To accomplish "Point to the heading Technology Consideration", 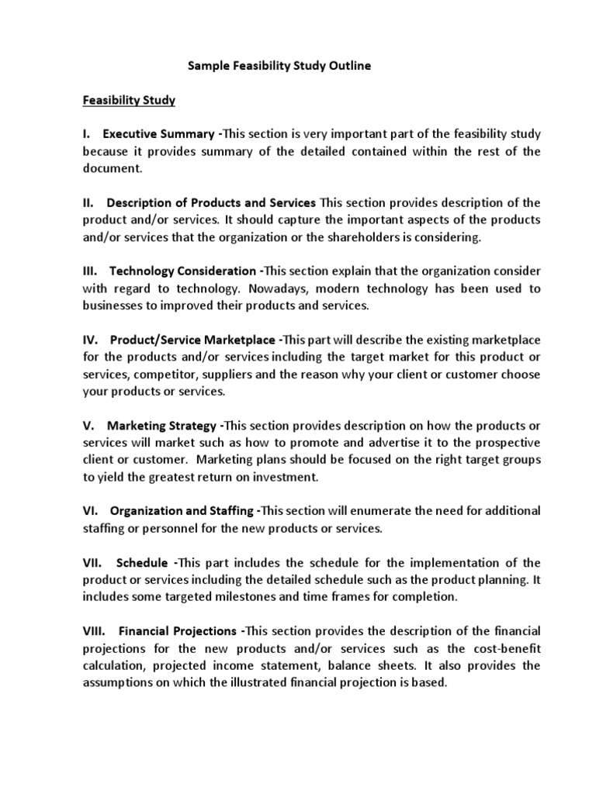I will tap(182, 271).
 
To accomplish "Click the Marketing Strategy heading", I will tap(162, 426).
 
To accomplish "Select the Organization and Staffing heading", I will tap(182, 511).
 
